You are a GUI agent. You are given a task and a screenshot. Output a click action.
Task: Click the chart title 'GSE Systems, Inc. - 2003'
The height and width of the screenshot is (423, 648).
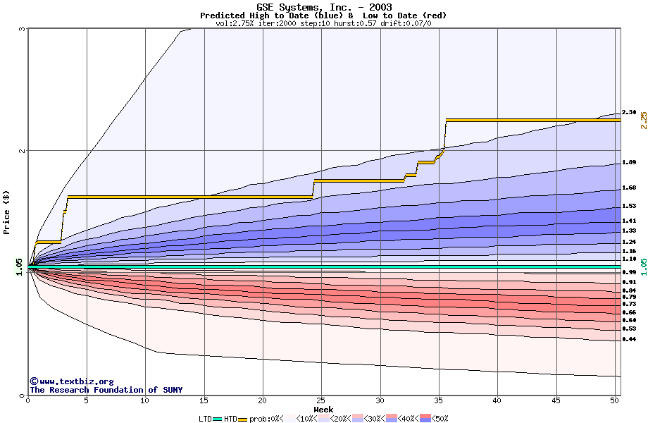[324, 7]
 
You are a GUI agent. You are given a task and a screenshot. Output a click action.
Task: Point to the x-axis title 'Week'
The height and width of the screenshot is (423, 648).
[323, 409]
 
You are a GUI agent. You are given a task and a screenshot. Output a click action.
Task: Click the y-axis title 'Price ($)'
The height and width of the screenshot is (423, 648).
[7, 212]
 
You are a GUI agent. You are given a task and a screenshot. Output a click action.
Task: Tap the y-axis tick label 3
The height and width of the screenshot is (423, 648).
[23, 30]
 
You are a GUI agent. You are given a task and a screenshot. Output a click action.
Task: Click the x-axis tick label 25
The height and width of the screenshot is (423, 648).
[321, 400]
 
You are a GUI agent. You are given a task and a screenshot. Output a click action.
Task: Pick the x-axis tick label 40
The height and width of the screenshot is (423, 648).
[497, 400]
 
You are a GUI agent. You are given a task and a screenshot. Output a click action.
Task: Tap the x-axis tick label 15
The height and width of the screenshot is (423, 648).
[204, 400]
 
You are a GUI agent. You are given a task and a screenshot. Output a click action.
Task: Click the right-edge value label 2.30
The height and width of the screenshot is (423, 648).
[629, 112]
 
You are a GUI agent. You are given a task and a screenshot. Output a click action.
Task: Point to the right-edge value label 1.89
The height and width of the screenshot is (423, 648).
[629, 163]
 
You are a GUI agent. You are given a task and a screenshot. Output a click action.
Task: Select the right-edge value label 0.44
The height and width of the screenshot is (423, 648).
[629, 340]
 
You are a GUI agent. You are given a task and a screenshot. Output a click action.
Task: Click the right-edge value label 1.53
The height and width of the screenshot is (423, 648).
[629, 207]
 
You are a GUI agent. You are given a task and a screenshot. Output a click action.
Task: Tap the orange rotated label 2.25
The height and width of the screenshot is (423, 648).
[643, 120]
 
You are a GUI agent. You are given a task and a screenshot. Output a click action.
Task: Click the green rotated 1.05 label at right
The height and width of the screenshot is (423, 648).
[643, 266]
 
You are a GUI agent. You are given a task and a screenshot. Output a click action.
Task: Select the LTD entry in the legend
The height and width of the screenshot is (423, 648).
[206, 418]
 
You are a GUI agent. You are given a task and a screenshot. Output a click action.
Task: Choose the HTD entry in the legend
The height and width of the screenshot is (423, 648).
[230, 418]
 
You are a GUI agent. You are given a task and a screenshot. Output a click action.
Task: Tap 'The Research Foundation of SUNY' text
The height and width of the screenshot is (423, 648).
[106, 390]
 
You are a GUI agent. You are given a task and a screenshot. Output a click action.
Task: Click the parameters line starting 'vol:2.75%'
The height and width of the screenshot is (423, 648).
[323, 23]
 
